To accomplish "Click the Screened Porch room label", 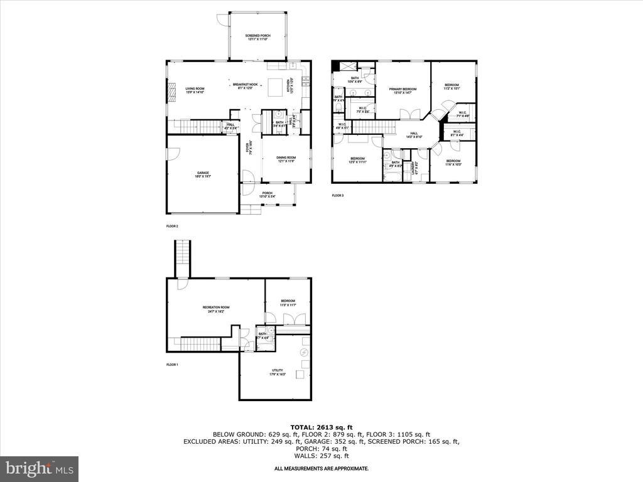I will (256, 37).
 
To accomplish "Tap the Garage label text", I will (202, 174).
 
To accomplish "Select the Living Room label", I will (195, 90).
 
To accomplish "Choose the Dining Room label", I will (286, 159).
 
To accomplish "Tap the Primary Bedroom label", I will (403, 91).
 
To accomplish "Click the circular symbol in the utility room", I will (304, 352).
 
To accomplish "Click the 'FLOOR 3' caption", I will (338, 196).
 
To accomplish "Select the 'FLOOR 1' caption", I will (172, 365).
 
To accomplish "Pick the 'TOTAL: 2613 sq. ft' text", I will (321, 427).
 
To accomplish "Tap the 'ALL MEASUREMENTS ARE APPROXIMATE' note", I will (321, 469).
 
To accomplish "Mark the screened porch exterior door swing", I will (222, 19).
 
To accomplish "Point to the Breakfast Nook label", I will (245, 86).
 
